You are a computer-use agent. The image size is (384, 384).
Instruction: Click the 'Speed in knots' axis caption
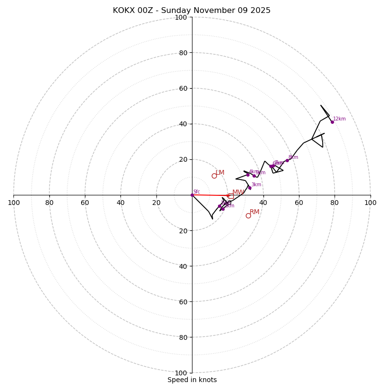coord(192,380)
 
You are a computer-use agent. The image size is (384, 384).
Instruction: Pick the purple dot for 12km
coord(332,122)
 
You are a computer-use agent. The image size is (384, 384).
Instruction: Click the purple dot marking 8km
coord(287,160)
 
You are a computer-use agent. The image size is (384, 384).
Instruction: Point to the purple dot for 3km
coord(250,188)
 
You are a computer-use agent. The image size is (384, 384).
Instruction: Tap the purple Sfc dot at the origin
coord(192,195)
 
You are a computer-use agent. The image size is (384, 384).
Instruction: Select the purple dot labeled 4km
coord(248,175)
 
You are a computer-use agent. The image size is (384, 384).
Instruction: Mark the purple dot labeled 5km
coord(254,176)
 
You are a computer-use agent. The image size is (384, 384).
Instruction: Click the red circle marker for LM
coord(214,176)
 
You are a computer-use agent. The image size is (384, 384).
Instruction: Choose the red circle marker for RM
coord(248,216)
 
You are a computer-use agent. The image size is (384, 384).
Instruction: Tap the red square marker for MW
coord(231,196)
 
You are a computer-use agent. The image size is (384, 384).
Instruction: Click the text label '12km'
coord(339,119)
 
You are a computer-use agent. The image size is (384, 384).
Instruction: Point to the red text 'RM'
coord(254,212)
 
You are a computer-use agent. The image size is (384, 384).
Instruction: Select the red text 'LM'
coord(220,173)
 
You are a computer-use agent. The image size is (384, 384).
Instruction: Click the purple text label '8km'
coord(293,157)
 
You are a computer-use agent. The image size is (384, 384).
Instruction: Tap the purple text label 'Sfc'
coord(196,192)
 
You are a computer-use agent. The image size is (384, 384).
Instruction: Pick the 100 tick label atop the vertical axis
coord(181,17)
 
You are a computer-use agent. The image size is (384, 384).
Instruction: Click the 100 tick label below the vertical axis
coord(181,373)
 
